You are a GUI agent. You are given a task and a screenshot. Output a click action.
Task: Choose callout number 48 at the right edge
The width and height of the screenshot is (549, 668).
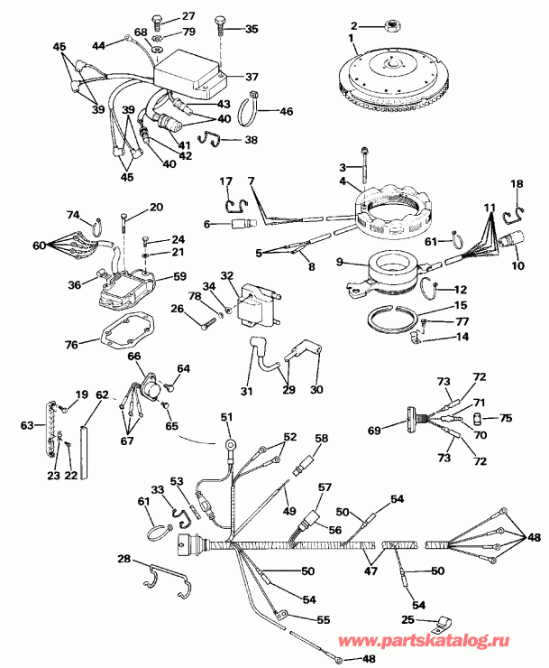tap(535, 537)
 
